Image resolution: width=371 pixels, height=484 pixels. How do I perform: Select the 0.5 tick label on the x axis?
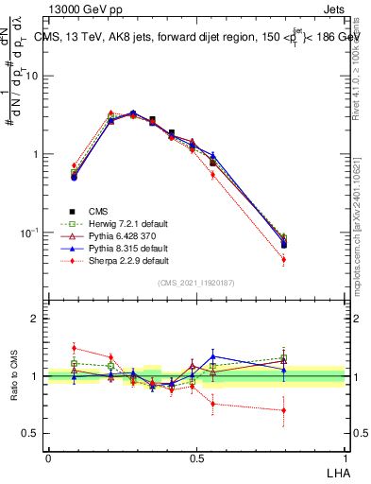point(196,458)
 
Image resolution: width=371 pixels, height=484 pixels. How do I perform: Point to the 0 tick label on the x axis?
point(48,458)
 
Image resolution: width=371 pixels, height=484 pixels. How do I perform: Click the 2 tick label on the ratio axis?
point(35,319)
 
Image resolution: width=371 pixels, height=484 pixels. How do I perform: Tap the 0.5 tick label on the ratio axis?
point(30,433)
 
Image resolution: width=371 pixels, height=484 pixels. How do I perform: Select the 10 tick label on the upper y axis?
point(30,76)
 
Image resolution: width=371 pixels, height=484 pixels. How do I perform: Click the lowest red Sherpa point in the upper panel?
point(284,259)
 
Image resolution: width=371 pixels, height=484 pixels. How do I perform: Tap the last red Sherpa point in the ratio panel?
point(284,410)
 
